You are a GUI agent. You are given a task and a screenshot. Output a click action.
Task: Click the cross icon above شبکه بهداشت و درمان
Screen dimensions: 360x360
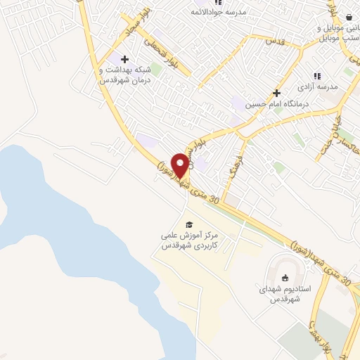124,59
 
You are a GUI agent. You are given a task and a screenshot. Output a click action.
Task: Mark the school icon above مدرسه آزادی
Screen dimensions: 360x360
317,76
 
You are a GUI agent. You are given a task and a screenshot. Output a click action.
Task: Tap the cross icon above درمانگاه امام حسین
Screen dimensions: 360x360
277,93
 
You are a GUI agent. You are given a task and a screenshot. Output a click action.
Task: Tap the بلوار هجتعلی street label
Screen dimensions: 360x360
164,53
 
